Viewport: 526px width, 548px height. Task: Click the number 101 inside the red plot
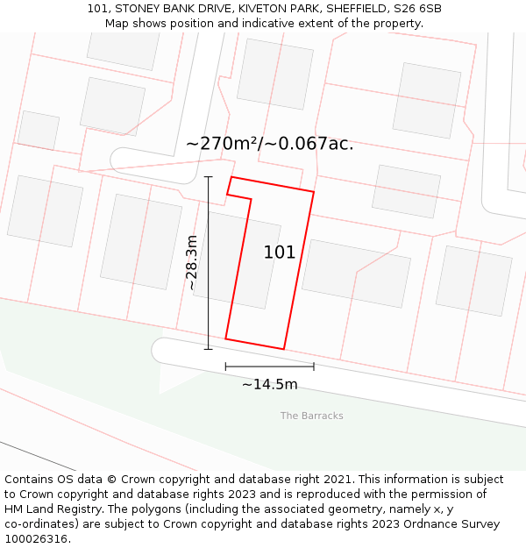tap(280, 253)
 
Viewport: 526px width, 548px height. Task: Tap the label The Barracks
tap(312, 416)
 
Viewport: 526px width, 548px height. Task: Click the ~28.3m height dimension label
tap(193, 262)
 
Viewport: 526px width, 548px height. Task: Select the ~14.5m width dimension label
tap(269, 384)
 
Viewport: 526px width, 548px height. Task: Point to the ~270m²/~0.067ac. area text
tap(270, 144)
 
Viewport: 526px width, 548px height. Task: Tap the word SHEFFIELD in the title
tap(339, 9)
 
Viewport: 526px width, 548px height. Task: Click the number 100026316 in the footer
tap(36, 539)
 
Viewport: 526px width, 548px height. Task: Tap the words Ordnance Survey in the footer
tap(455, 524)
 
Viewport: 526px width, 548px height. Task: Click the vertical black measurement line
tap(209, 263)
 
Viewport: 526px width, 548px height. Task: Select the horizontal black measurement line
tap(269, 366)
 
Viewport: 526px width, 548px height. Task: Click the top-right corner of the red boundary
tap(314, 191)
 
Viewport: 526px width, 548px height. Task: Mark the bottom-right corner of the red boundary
tap(284, 349)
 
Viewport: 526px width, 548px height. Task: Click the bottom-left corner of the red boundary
tap(226, 338)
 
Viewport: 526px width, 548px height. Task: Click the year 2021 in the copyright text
tap(340, 480)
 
